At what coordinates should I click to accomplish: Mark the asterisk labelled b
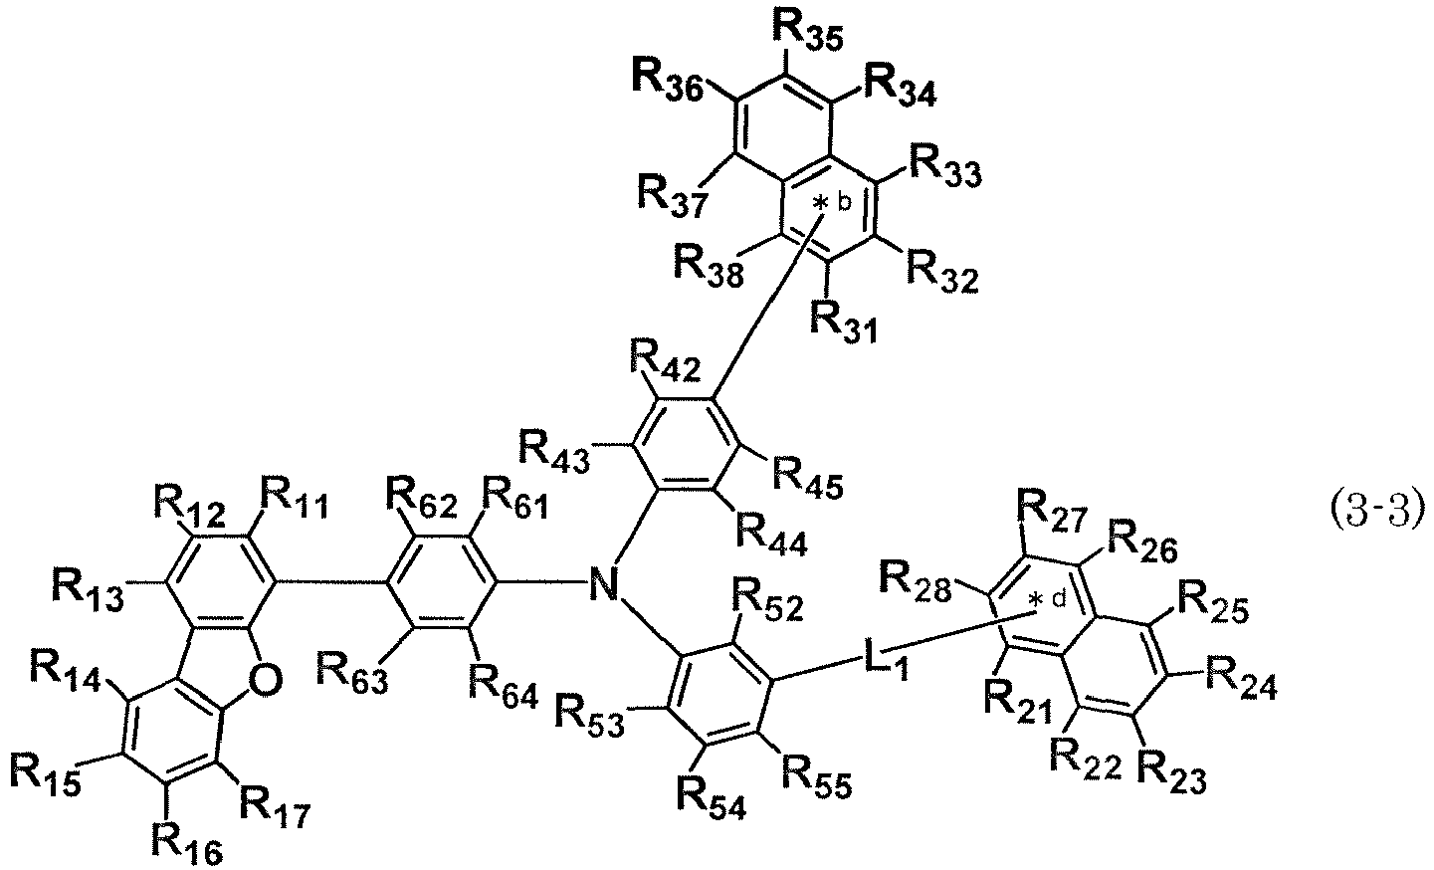(x=819, y=205)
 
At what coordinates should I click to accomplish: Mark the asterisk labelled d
(x=1034, y=600)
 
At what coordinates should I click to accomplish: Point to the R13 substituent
(x=88, y=589)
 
